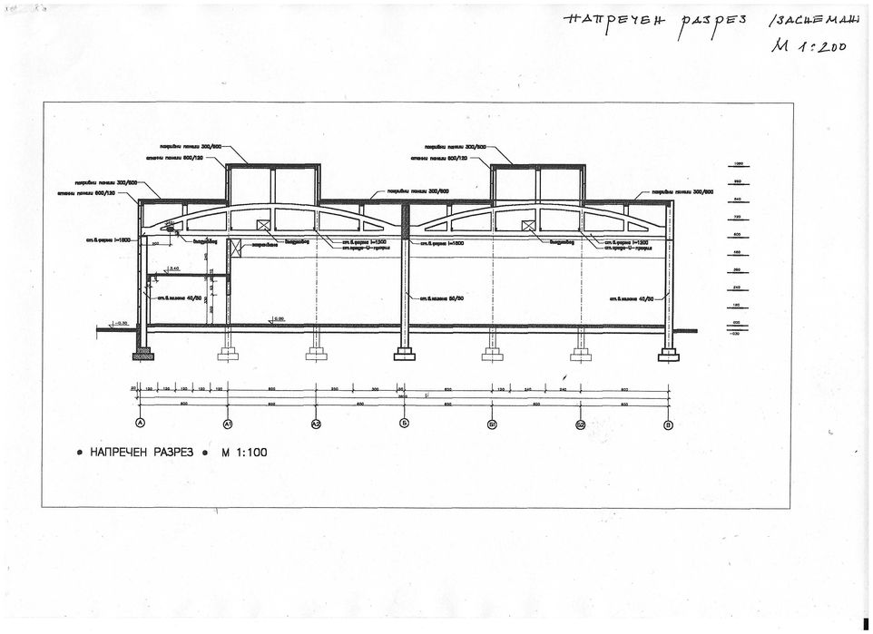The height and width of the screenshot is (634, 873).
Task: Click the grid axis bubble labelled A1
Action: pos(228,424)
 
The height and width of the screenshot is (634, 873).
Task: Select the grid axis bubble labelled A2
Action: pos(316,424)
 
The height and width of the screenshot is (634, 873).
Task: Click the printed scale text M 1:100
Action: pos(244,451)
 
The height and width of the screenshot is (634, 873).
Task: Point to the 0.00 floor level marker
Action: pos(279,318)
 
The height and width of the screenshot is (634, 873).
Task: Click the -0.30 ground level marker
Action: pos(120,322)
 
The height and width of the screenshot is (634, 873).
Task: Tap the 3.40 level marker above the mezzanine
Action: pos(173,268)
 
